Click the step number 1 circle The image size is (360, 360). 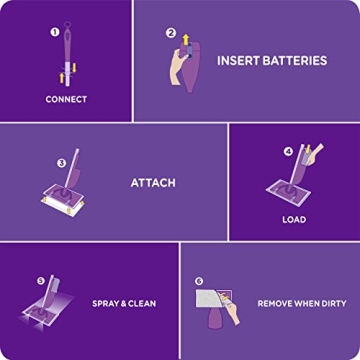click(x=53, y=32)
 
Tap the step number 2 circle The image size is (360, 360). click(x=171, y=32)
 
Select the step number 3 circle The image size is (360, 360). click(x=61, y=162)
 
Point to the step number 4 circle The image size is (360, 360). click(x=289, y=152)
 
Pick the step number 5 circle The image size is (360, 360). click(x=41, y=281)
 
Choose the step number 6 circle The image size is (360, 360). click(x=199, y=282)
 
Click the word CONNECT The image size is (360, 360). click(x=66, y=99)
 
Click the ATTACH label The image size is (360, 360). click(x=153, y=183)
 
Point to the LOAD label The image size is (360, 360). click(x=294, y=219)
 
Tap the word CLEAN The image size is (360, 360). click(x=143, y=303)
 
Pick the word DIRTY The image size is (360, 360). click(x=333, y=303)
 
